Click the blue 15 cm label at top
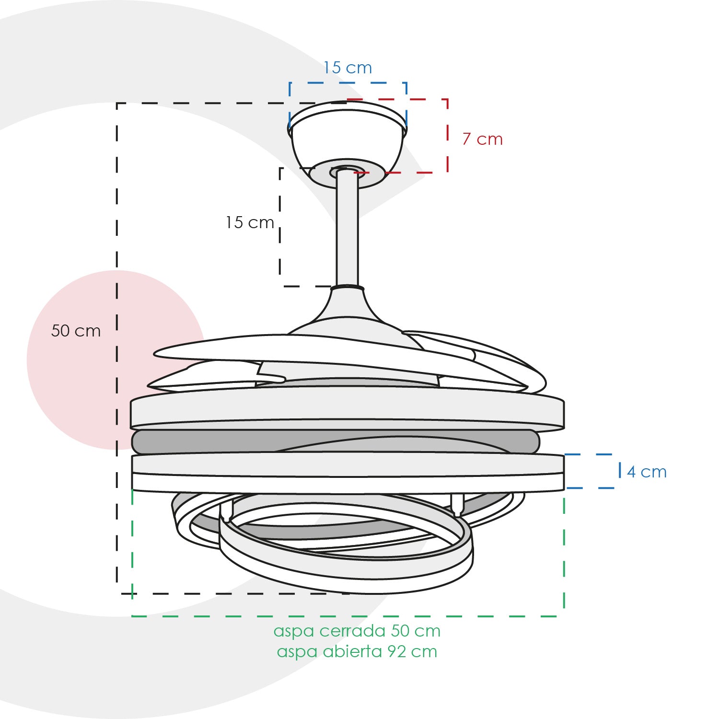coord(348,68)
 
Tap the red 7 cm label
coord(483,139)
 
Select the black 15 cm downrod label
coord(250,222)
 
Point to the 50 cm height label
coord(76,331)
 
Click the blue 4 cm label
coord(647,472)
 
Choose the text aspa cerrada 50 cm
coord(357,631)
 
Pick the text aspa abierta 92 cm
coord(357,651)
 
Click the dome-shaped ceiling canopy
coord(347,139)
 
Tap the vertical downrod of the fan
coord(348,229)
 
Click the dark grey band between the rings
coord(336,441)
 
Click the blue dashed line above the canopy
coord(348,83)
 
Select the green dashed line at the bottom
coord(348,616)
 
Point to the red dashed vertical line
coord(447,136)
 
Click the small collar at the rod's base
coord(348,289)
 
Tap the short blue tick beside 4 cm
coord(620,470)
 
